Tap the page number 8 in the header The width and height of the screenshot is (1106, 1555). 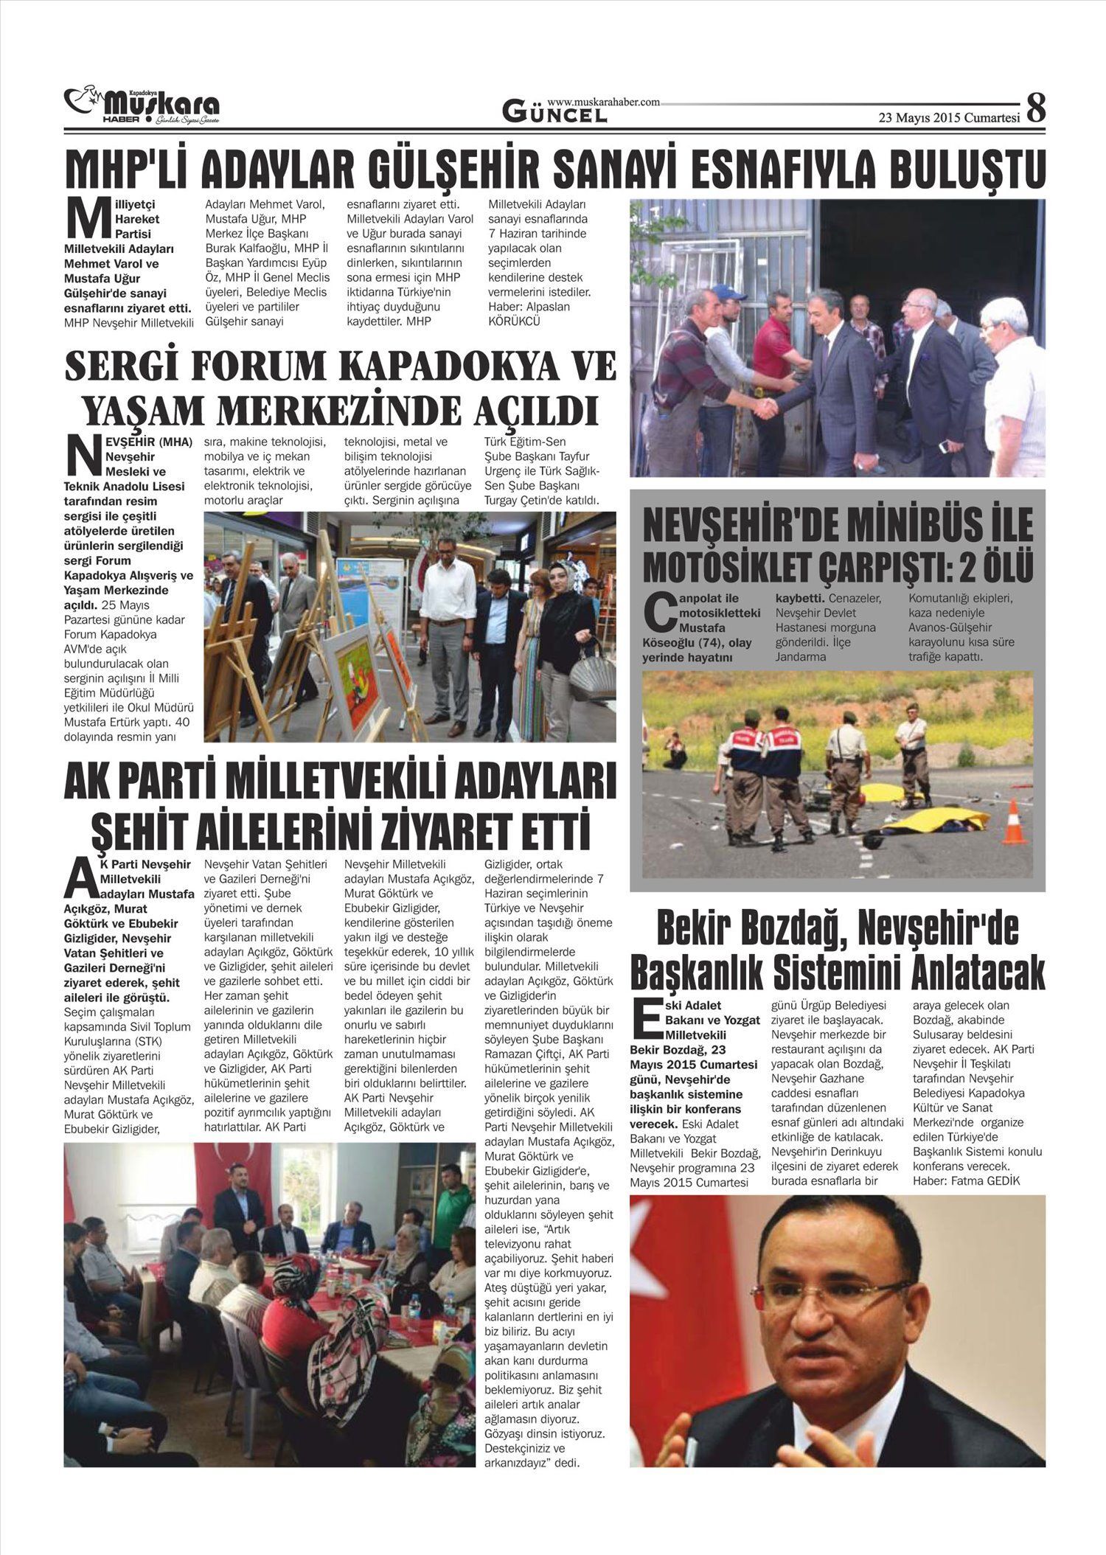coord(1035,108)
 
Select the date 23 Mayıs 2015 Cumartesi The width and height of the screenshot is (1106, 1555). coord(948,117)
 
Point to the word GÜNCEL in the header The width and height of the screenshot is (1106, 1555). coord(555,113)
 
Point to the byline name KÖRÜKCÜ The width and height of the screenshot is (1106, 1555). coord(515,321)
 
